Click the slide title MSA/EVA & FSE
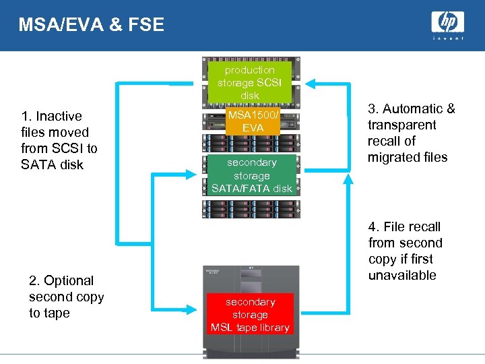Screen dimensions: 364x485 (92, 25)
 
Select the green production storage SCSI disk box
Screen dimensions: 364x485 (250, 82)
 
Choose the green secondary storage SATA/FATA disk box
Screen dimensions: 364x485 (252, 175)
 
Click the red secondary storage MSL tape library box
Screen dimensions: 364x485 (250, 315)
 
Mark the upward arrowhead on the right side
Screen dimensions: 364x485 (348, 179)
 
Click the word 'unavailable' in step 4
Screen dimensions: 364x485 (402, 275)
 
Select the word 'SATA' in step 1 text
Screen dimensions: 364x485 (38, 164)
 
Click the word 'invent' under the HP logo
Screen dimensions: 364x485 (447, 39)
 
